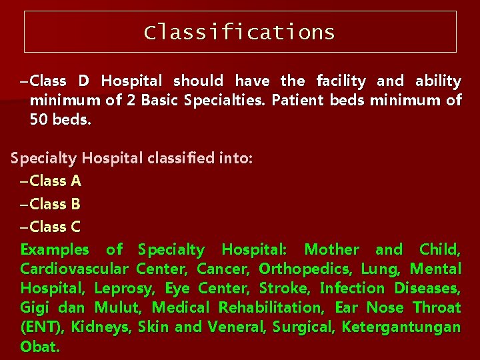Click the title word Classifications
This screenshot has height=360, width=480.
(239, 32)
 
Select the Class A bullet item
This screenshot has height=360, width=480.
(55, 181)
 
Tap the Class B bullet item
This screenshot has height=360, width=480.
(55, 204)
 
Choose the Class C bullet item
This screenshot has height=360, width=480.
(55, 227)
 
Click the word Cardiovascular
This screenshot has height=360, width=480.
(75, 269)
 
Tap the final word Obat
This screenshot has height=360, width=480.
(40, 347)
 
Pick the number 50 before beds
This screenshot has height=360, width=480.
(39, 120)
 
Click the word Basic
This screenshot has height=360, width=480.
(173, 101)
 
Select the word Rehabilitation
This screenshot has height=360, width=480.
(271, 308)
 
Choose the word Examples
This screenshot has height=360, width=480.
(55, 250)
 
